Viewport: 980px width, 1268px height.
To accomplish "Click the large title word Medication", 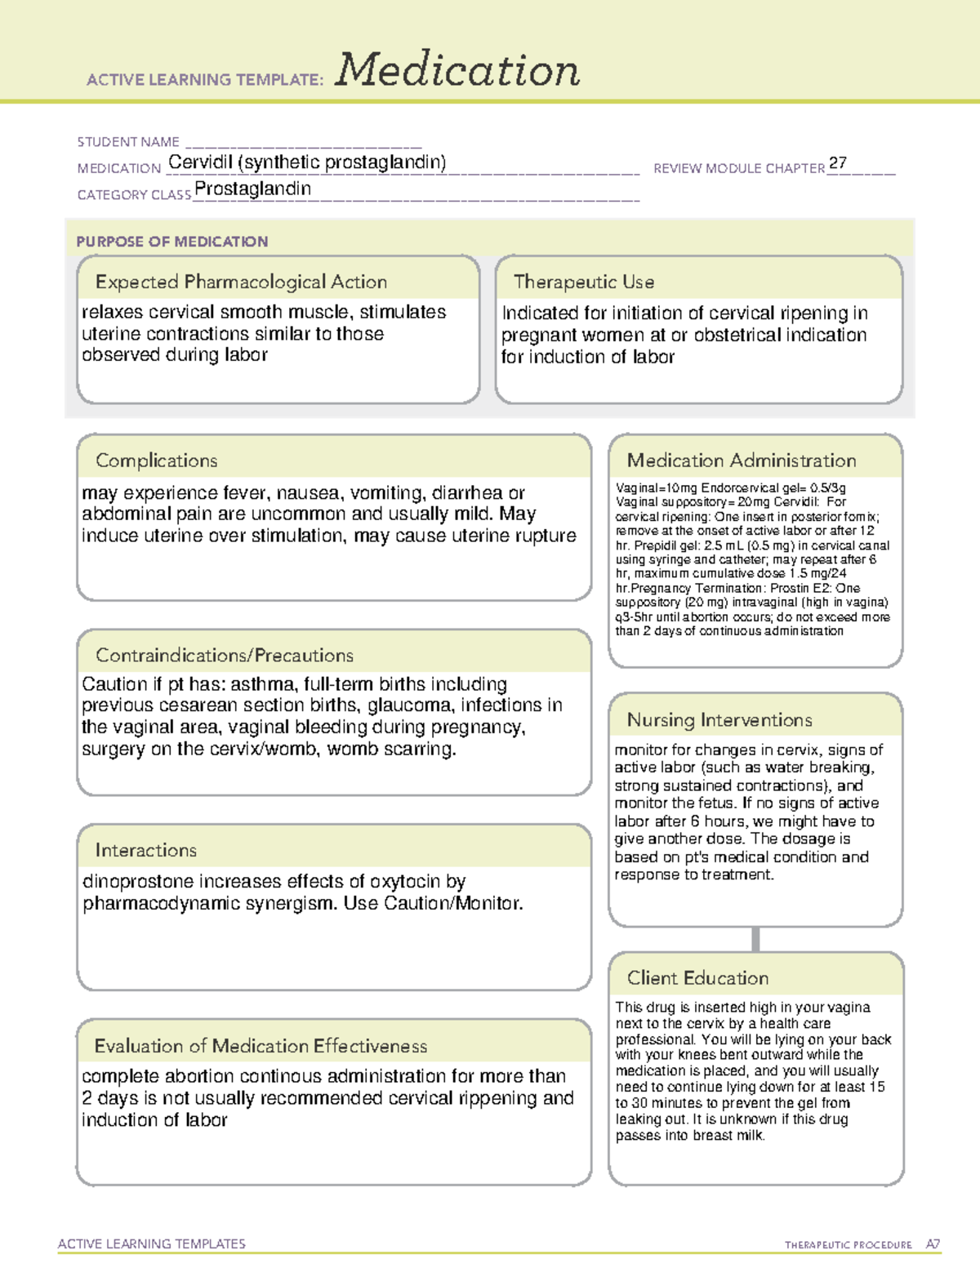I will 457,70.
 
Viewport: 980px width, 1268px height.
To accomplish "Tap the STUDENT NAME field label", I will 128,142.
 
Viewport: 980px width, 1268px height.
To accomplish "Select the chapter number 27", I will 837,163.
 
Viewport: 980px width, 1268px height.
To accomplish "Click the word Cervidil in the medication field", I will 200,162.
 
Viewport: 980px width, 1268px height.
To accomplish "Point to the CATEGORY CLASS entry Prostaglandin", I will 252,189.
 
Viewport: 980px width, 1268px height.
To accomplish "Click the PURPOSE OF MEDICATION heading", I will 171,242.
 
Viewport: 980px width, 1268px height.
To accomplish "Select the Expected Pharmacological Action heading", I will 241,282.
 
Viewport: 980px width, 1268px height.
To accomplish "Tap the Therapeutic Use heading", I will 583,282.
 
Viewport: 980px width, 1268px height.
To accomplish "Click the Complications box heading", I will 156,460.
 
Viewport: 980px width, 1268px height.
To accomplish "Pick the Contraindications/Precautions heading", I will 225,655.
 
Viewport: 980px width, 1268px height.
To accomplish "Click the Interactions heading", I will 145,850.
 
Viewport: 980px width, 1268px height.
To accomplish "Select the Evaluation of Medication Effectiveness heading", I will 261,1046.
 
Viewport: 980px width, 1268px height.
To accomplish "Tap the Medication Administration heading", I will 741,460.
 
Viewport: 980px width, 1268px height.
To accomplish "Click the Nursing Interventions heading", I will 719,719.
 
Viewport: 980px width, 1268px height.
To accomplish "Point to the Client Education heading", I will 697,978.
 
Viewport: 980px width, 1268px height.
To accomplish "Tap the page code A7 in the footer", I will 933,1244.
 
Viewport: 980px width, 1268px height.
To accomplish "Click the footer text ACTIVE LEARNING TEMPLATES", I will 151,1244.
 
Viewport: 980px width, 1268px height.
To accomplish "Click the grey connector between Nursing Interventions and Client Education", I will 755,939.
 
